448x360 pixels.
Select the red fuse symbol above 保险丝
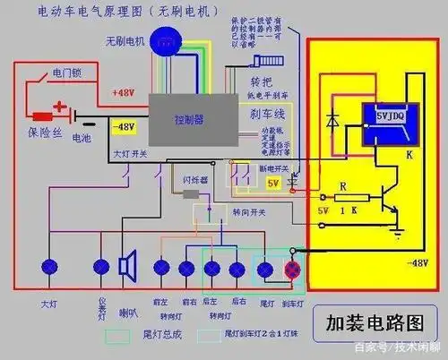42,116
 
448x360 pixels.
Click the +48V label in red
123,92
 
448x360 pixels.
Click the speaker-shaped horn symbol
127,266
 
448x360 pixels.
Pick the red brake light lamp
291,270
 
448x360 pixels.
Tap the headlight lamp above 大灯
48,267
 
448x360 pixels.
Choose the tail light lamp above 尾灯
266,268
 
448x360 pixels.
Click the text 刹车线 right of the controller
266,116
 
